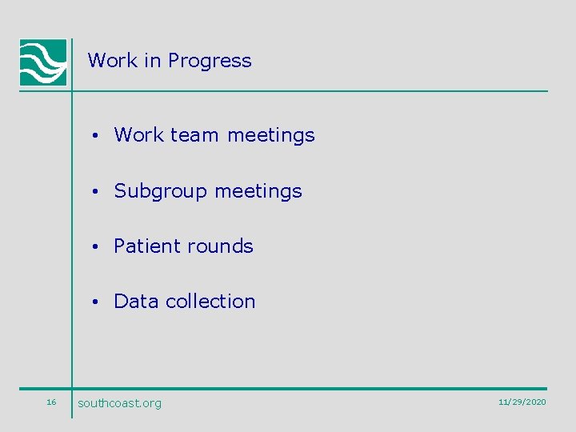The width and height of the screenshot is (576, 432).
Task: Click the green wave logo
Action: (43, 62)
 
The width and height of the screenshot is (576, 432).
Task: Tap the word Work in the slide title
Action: (113, 60)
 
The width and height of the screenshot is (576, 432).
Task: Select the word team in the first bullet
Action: (194, 135)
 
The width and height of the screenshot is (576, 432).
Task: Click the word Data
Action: (136, 302)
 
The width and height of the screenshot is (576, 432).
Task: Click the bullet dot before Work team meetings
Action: (94, 136)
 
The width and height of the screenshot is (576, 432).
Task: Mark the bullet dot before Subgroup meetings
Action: (94, 192)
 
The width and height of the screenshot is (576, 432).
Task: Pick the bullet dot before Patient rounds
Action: (94, 247)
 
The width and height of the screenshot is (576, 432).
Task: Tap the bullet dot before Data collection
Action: (94, 302)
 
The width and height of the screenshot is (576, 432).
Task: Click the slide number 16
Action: (51, 402)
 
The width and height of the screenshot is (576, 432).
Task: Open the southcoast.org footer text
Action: (119, 403)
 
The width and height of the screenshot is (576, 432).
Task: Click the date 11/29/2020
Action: (522, 402)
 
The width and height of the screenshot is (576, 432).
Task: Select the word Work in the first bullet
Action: (139, 135)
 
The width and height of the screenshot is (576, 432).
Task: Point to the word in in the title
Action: (152, 60)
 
